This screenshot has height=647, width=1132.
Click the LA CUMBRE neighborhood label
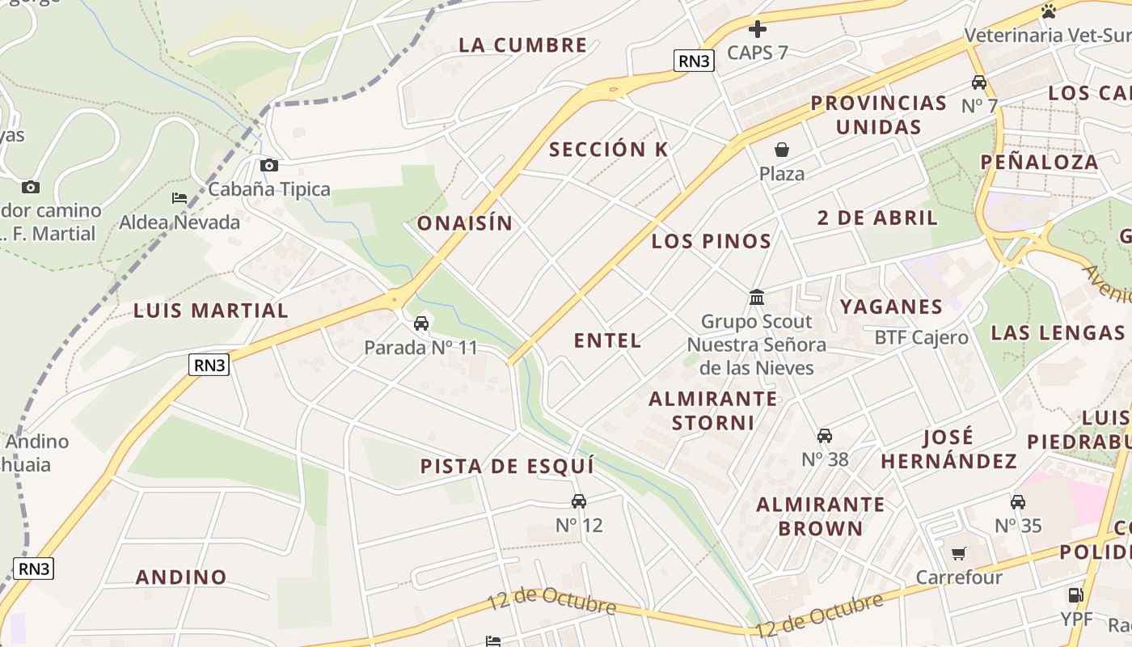tap(522, 45)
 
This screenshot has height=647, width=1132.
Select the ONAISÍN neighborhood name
tap(465, 223)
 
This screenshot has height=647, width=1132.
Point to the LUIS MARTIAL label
tap(211, 311)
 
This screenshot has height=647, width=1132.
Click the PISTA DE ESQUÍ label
tap(507, 467)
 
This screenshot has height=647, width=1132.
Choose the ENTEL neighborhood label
tap(607, 340)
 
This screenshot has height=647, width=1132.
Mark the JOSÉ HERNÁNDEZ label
tap(949, 450)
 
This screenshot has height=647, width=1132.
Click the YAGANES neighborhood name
tap(891, 307)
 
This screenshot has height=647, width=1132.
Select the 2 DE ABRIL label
tap(877, 218)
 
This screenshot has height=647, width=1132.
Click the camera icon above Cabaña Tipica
tap(269, 166)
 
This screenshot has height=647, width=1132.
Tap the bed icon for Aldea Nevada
tap(180, 198)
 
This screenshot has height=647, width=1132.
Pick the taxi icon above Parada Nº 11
tap(420, 324)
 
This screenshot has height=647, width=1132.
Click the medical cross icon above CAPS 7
tap(758, 30)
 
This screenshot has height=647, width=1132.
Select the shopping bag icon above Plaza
tap(782, 150)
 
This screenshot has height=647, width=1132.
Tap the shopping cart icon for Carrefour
tap(959, 554)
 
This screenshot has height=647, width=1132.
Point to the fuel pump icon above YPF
tap(1076, 595)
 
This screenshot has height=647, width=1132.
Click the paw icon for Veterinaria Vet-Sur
tap(1050, 11)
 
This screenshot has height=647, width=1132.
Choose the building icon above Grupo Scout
tap(757, 298)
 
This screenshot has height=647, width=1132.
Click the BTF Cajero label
tap(921, 337)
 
